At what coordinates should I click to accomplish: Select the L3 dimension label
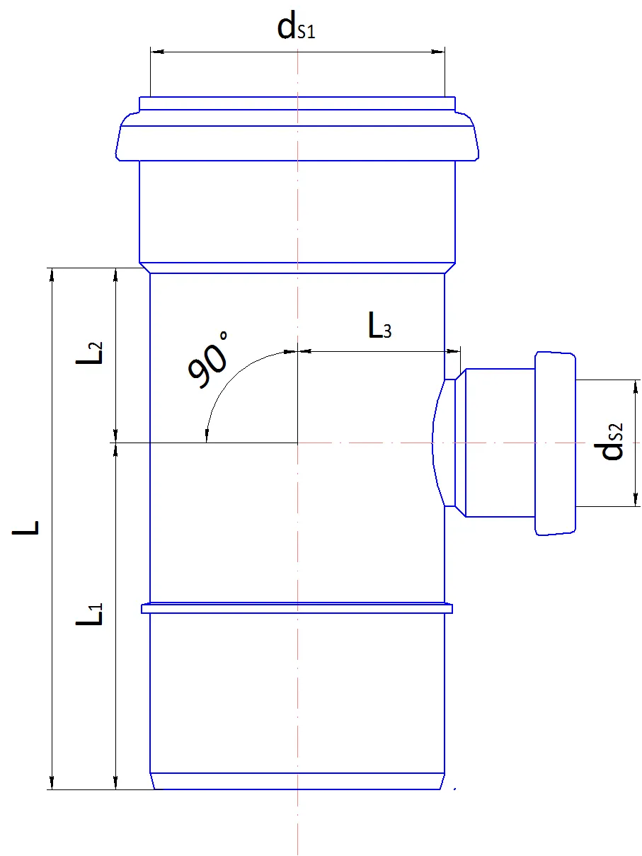379,325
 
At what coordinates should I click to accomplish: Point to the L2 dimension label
89,353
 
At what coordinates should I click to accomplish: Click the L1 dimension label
89,614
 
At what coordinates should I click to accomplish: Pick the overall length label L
25,527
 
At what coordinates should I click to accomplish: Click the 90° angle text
208,360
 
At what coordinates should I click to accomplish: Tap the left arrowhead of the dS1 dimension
157,52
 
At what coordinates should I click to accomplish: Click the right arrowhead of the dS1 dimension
437,52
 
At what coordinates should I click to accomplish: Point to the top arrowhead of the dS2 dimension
636,387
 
